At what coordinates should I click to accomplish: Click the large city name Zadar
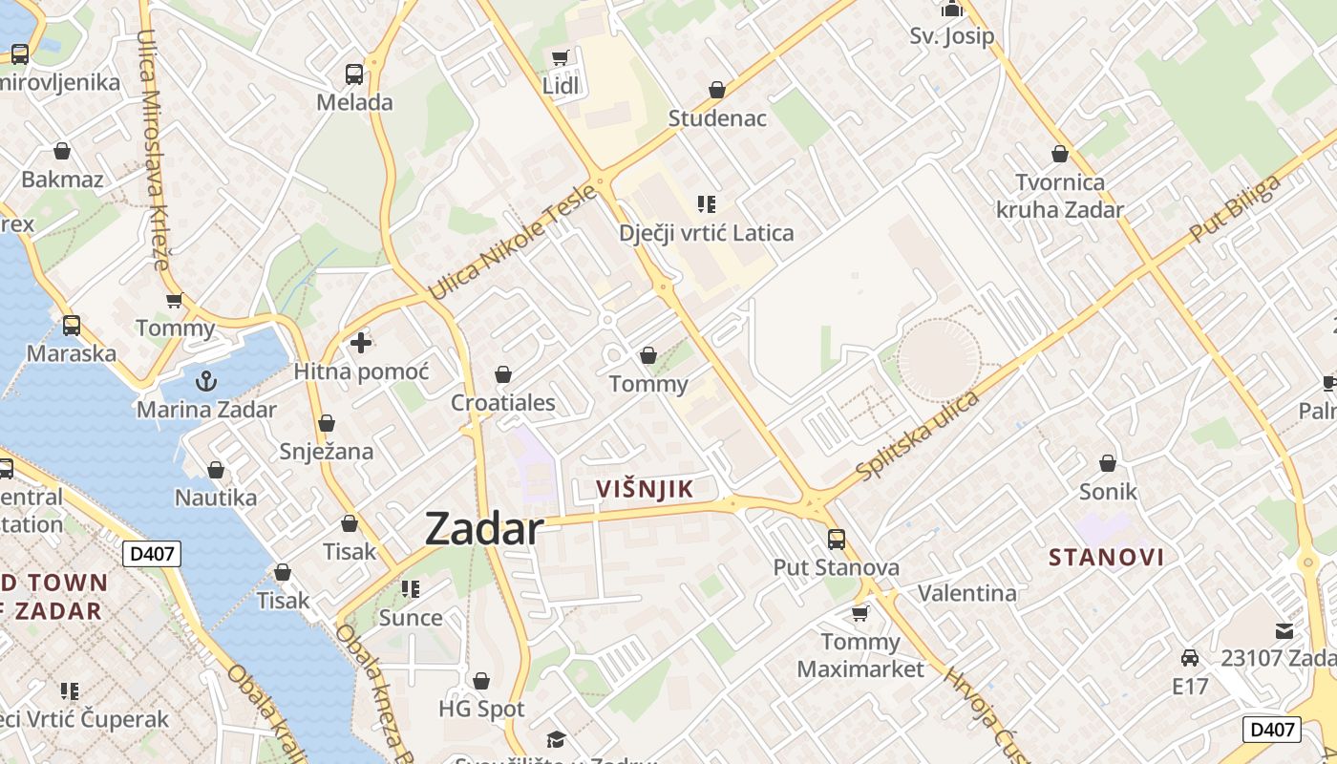pyautogui.click(x=484, y=528)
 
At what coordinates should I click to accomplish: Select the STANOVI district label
pyautogui.click(x=1107, y=558)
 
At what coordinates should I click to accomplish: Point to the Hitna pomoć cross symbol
pyautogui.click(x=361, y=343)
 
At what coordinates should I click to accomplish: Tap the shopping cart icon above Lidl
pyautogui.click(x=561, y=57)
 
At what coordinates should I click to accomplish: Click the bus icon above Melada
pyautogui.click(x=354, y=74)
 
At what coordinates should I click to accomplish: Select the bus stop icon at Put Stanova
pyautogui.click(x=837, y=539)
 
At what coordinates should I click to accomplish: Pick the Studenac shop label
pyautogui.click(x=717, y=118)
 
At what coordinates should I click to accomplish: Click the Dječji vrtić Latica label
pyautogui.click(x=706, y=233)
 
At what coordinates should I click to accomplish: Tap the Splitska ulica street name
pyautogui.click(x=918, y=435)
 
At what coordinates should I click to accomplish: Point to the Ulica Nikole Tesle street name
pyautogui.click(x=513, y=243)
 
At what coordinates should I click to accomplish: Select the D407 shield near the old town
pyautogui.click(x=152, y=553)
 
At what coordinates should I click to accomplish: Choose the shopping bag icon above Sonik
pyautogui.click(x=1108, y=463)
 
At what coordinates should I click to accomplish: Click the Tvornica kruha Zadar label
pyautogui.click(x=1060, y=196)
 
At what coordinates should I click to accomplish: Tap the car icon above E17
pyautogui.click(x=1190, y=658)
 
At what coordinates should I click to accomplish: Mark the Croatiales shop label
pyautogui.click(x=503, y=402)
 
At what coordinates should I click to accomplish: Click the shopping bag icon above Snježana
pyautogui.click(x=327, y=423)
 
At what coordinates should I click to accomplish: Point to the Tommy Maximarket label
pyautogui.click(x=860, y=654)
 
